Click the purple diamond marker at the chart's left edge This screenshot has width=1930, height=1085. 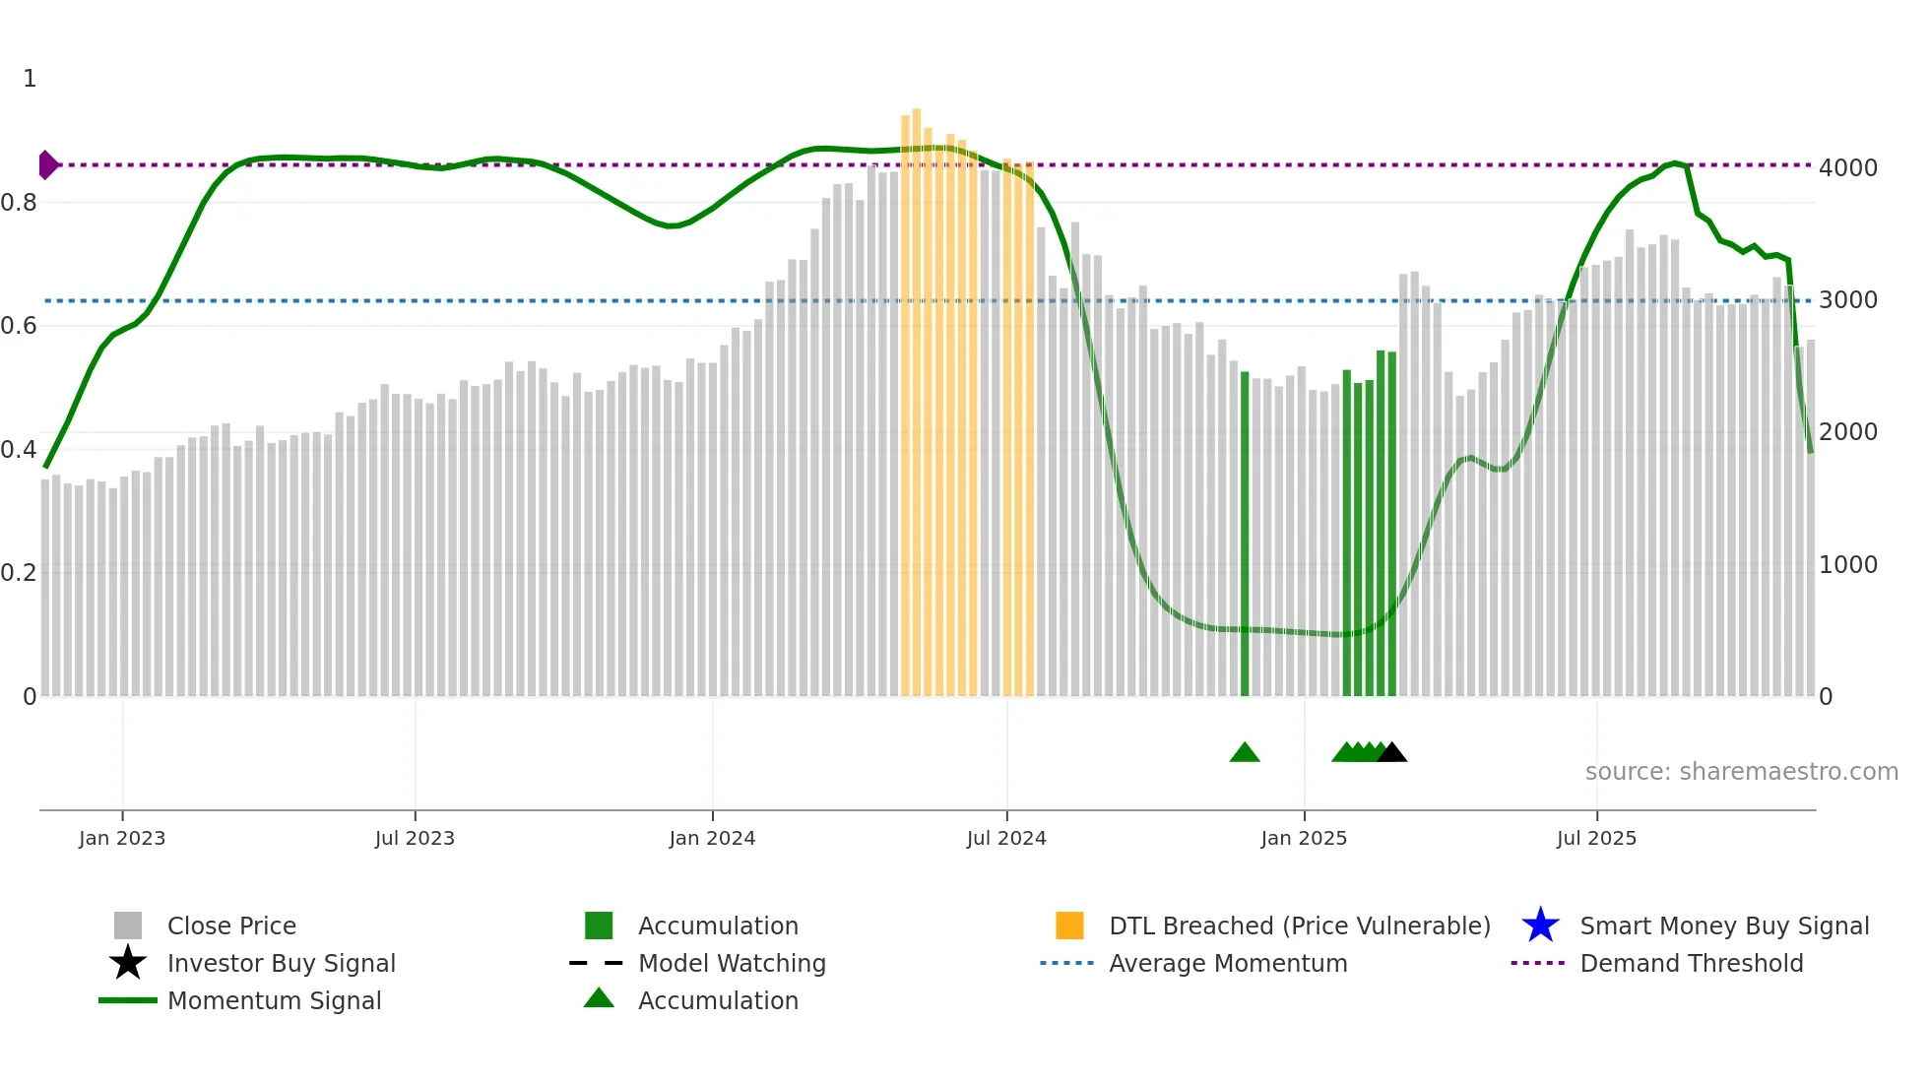[47, 164]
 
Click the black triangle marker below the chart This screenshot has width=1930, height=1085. [1391, 753]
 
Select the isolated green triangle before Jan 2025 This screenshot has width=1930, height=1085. [1245, 753]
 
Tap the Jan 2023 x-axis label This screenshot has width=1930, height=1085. [122, 838]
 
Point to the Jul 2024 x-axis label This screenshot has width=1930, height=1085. [1006, 838]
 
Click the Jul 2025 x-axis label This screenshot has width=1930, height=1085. [1596, 838]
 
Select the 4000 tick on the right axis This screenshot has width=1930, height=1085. [1847, 168]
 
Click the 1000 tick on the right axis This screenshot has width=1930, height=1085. [1847, 565]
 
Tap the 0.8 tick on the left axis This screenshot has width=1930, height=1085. [20, 203]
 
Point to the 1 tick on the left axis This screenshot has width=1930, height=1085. [30, 79]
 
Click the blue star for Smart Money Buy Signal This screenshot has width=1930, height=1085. [1540, 925]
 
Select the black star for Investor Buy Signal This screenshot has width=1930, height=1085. [128, 963]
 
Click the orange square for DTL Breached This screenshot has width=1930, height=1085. [1069, 925]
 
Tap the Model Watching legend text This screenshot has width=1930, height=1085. [732, 963]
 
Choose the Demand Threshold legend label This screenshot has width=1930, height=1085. [1691, 963]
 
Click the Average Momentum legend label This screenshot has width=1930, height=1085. [1228, 963]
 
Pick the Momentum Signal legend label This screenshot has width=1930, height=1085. [274, 1000]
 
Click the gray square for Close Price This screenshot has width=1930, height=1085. [128, 925]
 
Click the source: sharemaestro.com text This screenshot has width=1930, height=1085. [1741, 772]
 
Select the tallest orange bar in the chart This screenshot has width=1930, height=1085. [916, 394]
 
